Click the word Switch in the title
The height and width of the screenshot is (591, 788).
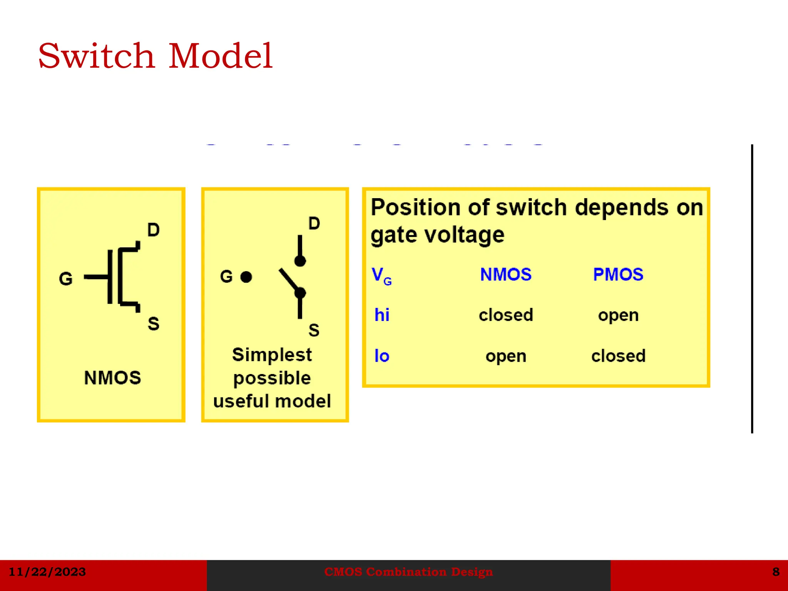[96, 56]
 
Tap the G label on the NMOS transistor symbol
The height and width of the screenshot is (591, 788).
[66, 279]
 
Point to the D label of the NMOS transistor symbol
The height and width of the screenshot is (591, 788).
[153, 230]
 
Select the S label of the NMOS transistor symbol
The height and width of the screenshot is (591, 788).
[153, 324]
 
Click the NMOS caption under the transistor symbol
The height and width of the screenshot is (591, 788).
[112, 377]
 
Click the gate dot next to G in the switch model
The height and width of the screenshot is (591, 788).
[246, 277]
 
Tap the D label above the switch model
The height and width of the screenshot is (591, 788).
[314, 224]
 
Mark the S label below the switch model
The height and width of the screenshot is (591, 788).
[314, 330]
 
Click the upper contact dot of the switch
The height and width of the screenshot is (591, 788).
[300, 261]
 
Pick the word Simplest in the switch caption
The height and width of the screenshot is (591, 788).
[272, 355]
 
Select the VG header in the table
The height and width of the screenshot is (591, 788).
[381, 276]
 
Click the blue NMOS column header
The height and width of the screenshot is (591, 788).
[506, 274]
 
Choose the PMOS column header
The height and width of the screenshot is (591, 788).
[618, 274]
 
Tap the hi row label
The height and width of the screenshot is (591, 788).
[382, 315]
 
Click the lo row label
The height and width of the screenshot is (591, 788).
[382, 356]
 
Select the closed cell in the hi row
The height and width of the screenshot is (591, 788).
[506, 315]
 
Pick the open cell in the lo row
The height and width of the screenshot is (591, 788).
[506, 356]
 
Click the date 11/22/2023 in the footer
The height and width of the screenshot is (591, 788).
[47, 572]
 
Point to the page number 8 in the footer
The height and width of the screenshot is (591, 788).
[776, 572]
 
